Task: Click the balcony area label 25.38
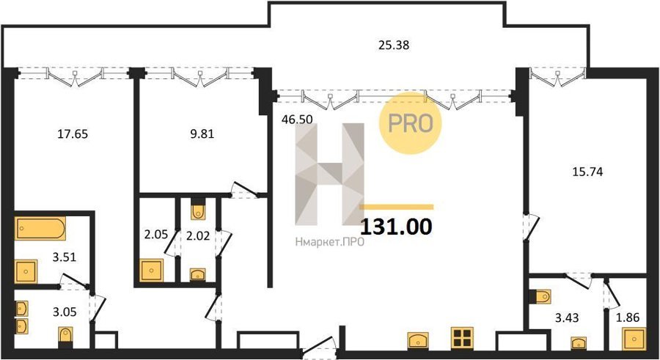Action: point(394,45)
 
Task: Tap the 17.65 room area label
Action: point(73,134)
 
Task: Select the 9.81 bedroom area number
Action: point(202,134)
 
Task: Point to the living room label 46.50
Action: point(297,120)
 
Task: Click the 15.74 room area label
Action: point(587,172)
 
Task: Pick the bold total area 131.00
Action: point(397,227)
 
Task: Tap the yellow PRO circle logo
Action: point(411,124)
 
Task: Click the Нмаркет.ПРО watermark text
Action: point(329,242)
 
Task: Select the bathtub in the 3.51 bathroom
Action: point(40,229)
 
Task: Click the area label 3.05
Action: point(65,312)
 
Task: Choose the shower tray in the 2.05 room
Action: point(151,271)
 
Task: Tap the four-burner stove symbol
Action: point(462,338)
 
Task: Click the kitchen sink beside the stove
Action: point(418,340)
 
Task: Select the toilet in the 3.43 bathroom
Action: point(541,296)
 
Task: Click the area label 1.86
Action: point(628,317)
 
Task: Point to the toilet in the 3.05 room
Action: point(65,337)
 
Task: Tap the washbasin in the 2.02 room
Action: point(198,274)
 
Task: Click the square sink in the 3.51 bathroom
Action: point(26,271)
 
